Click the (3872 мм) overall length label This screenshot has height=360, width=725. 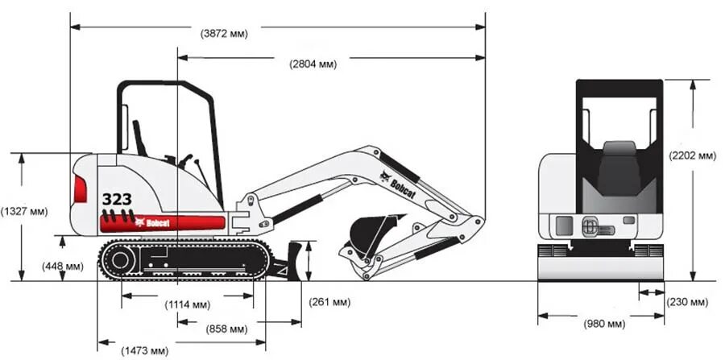coord(224,34)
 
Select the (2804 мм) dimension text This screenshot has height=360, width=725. coord(313,64)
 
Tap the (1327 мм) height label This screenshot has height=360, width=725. coord(24,212)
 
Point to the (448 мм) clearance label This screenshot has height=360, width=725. coord(62,266)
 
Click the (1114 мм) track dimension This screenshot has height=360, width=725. coord(187,304)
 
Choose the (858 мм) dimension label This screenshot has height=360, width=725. coord(226,329)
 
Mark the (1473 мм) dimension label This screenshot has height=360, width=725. coord(145,350)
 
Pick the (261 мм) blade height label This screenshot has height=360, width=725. coord(329,302)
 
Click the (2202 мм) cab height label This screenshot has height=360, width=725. coord(692,155)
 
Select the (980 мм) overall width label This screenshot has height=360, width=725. coord(604,324)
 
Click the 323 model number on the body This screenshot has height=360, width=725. coord(117,198)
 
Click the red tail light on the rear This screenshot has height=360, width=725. coord(80,189)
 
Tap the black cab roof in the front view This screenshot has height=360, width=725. coord(619,88)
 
